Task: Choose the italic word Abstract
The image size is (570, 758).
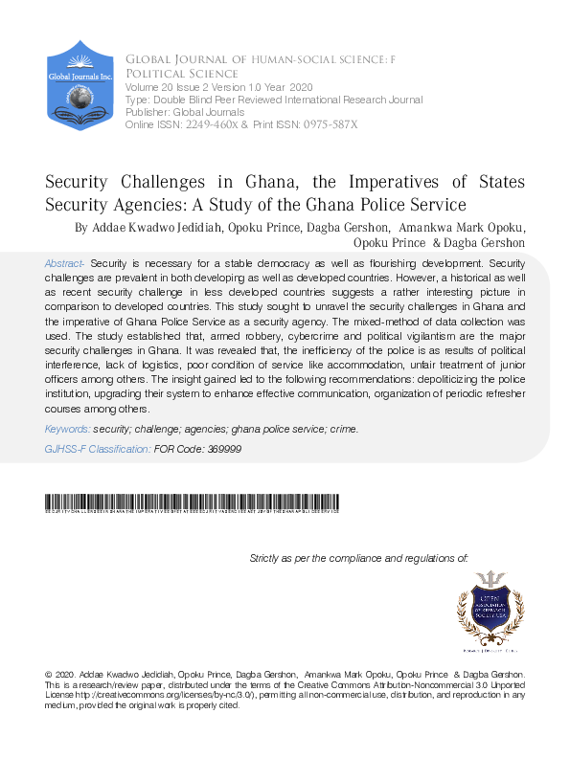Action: tap(64, 262)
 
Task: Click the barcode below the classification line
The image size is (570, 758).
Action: tap(193, 502)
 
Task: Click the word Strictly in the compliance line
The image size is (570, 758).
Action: tap(265, 557)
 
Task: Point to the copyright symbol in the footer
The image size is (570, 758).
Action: tap(50, 675)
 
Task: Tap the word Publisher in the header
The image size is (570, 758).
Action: tap(147, 112)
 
